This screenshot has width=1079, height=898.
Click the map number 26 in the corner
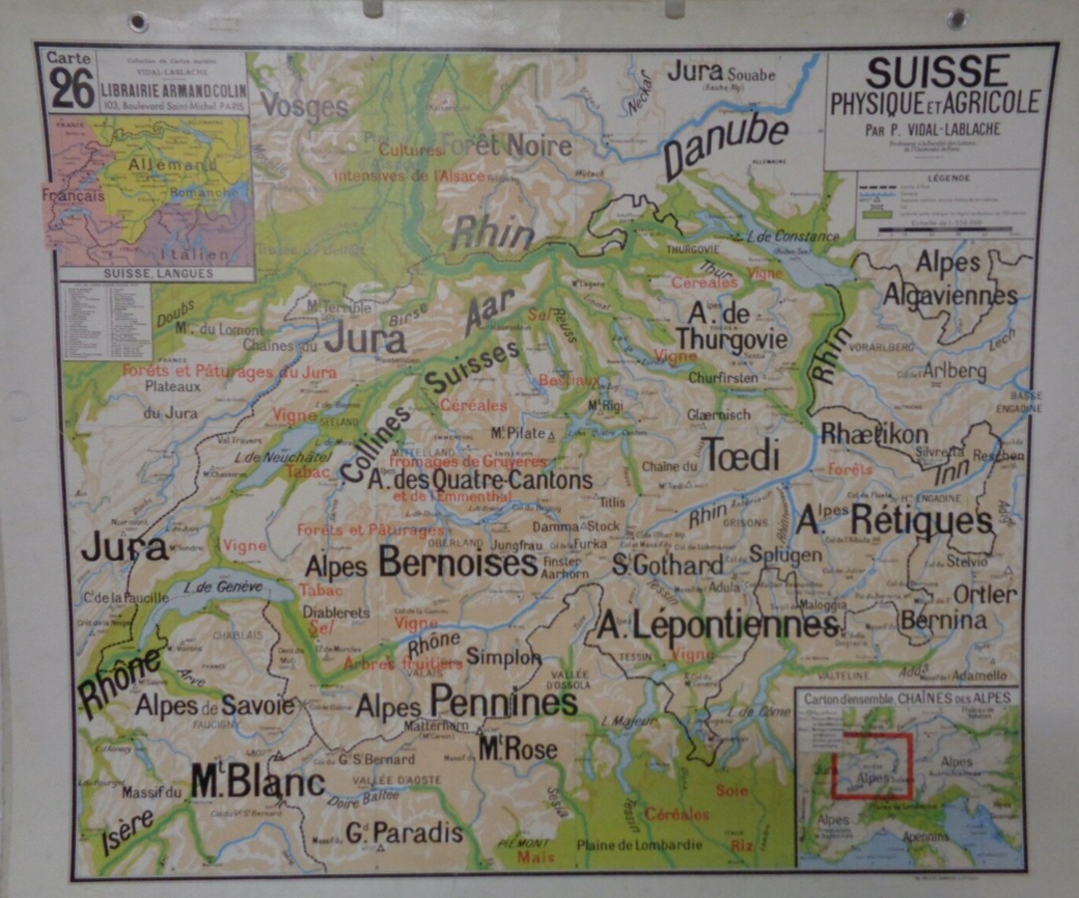[x=72, y=89]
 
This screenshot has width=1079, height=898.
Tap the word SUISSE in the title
[x=936, y=72]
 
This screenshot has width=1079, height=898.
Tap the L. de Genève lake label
[x=224, y=588]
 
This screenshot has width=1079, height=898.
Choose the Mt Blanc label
[x=258, y=781]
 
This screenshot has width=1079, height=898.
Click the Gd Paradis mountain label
[x=404, y=832]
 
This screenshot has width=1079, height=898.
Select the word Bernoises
[x=458, y=564]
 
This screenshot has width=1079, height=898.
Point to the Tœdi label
[x=741, y=454]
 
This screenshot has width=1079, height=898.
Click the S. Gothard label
[x=667, y=565]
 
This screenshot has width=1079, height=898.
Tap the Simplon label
[x=503, y=658]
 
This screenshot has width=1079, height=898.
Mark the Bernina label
[x=943, y=621]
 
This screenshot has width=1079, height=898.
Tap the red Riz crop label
[x=742, y=844]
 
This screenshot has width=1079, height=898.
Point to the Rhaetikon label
[x=873, y=434]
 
